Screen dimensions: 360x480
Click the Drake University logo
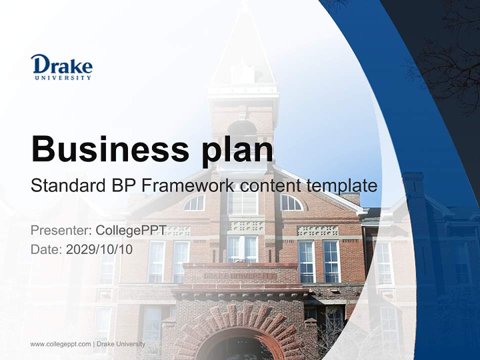[61, 67]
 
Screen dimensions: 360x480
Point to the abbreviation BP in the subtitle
[124, 185]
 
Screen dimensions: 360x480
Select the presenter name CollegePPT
[131, 230]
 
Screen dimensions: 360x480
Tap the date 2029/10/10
[99, 249]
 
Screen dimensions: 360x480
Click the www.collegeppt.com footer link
[60, 344]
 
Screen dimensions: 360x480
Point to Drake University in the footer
[121, 344]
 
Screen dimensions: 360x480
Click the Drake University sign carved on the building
[239, 276]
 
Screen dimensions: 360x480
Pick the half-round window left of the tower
[194, 203]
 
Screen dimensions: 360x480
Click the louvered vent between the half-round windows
[242, 202]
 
